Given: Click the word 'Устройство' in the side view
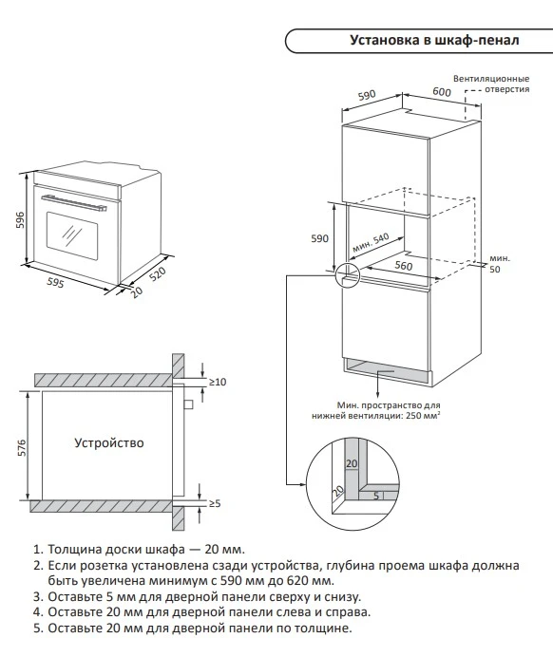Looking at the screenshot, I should (108, 442).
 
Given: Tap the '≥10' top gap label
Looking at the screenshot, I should (218, 382).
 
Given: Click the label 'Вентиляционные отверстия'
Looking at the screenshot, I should (491, 82).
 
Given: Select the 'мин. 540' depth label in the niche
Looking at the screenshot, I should (371, 245).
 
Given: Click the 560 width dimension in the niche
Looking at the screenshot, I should (403, 267).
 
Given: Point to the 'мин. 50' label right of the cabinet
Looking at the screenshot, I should (499, 264).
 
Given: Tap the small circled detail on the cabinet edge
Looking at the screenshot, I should (348, 275).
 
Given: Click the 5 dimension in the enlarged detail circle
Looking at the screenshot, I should (377, 496).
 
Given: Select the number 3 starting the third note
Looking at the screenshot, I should (37, 596).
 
